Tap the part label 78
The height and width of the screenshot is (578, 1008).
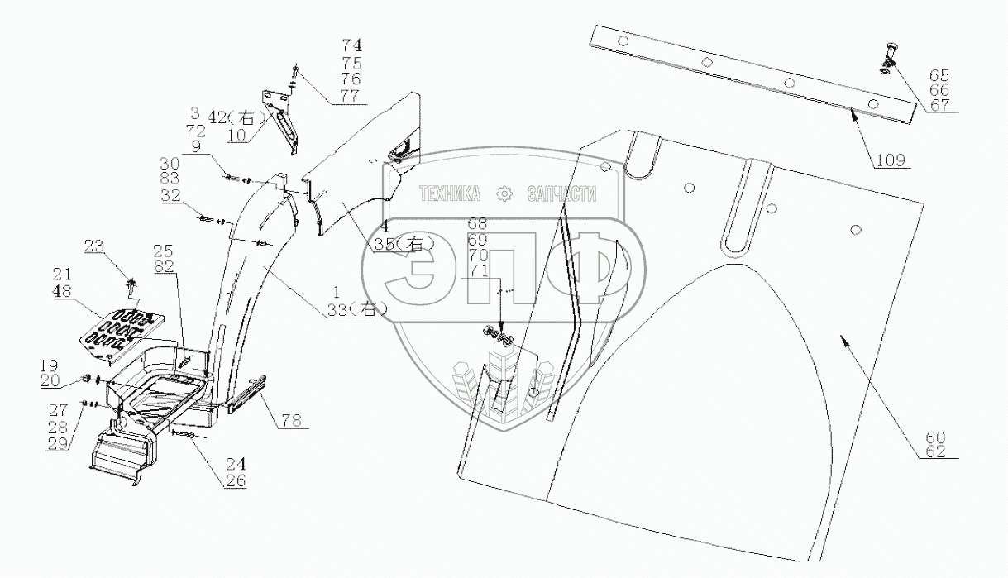coord(290,420)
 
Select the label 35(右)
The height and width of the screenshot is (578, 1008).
coord(394,243)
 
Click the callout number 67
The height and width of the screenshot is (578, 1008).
coord(939,105)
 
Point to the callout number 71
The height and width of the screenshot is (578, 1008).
coord(477,271)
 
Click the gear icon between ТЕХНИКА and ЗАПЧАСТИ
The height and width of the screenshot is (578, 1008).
coord(504,195)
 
